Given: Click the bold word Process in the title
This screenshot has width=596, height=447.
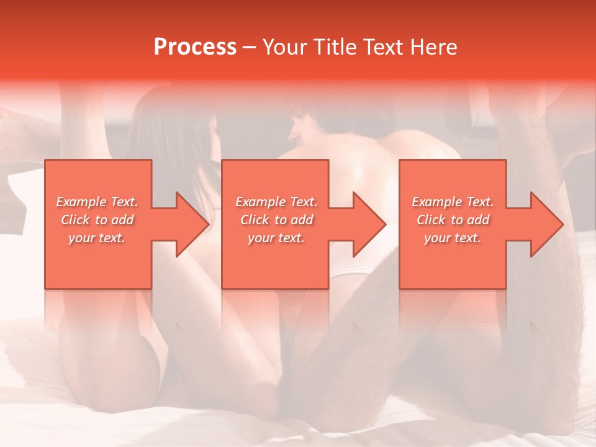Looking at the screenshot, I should tap(195, 47).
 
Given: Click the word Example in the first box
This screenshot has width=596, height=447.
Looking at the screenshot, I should tap(81, 202).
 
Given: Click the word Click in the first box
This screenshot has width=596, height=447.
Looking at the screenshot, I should tap(75, 220).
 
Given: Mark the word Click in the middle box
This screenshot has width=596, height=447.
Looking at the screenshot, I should tap(255, 220).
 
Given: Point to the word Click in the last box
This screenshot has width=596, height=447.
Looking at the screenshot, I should tap(431, 220).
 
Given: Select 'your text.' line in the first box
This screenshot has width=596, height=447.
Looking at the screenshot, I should tap(97, 238).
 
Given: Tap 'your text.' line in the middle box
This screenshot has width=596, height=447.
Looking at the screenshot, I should tap(276, 238).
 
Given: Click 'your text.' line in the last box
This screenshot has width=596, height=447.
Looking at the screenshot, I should tap(453, 238).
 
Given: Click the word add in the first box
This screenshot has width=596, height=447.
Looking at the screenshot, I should tap(122, 220).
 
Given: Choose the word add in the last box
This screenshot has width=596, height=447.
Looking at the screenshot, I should tap(477, 220).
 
